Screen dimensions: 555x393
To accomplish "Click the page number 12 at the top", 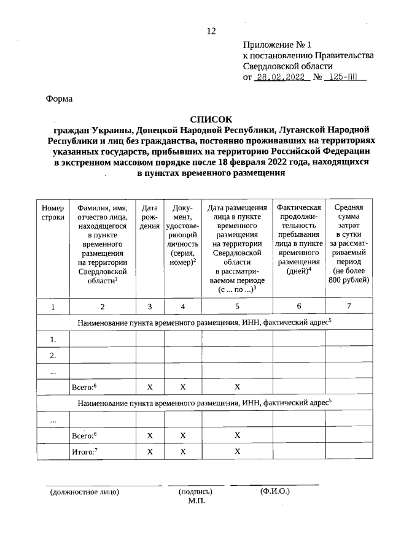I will point(211,31).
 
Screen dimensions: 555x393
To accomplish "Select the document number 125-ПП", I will point(346,78).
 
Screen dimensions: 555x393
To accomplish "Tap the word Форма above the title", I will point(60,99).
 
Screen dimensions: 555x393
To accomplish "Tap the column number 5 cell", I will point(237,306).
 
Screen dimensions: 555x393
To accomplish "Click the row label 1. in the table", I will point(53,339).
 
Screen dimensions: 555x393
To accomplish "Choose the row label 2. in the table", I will point(53,355).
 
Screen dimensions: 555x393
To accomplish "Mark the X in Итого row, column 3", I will point(150,451).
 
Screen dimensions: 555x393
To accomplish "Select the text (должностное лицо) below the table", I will point(84,492).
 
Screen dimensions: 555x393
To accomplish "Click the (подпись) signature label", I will point(195,492).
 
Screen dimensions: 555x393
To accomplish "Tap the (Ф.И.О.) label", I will point(274,491).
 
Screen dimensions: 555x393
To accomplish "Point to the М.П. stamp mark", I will point(196,501).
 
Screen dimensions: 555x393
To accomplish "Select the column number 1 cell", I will point(53,306).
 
